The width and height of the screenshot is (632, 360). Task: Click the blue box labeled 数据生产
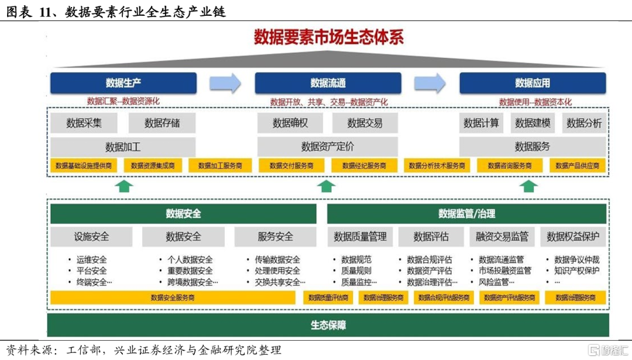point(123,83)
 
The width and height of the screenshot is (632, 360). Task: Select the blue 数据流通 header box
point(328,83)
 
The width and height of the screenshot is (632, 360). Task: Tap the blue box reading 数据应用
point(532,83)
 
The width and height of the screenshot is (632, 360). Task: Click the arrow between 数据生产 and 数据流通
point(225,83)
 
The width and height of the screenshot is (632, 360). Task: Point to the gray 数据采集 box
point(84,123)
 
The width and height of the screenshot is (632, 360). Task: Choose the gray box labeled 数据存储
point(162,123)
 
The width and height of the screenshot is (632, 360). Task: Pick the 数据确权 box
point(290,123)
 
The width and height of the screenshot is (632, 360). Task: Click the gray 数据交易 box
point(365,123)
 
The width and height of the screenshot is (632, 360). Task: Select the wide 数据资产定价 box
point(328,146)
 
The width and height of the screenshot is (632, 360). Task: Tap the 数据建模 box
point(533,123)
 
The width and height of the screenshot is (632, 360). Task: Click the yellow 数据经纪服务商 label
point(365,166)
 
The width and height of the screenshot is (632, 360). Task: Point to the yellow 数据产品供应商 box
point(577,166)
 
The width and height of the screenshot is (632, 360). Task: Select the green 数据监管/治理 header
point(466,214)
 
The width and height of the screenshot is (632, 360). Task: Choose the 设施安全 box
point(91,237)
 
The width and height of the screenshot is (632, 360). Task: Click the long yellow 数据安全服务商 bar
point(173,297)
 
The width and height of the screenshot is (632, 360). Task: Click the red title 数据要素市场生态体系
point(328,37)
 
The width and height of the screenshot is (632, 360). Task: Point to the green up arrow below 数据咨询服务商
point(529,186)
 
